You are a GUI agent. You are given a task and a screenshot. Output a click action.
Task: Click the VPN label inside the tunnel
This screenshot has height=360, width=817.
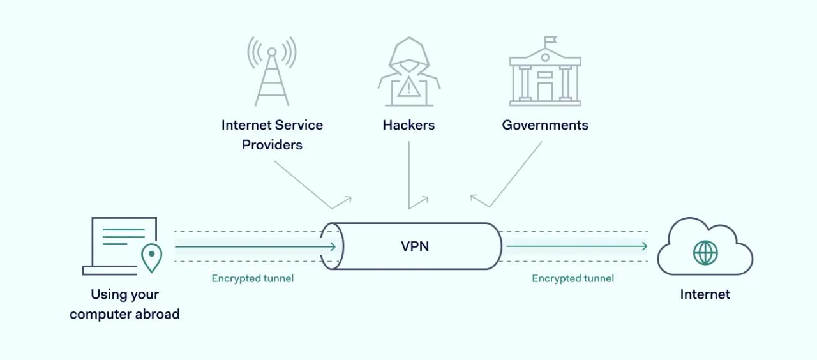(x=415, y=246)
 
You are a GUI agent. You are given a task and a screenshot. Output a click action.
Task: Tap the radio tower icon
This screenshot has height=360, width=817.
(x=272, y=71)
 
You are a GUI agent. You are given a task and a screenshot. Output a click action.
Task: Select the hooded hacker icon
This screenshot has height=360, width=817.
(x=408, y=71)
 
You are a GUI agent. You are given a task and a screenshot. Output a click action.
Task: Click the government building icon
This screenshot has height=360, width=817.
(x=545, y=75)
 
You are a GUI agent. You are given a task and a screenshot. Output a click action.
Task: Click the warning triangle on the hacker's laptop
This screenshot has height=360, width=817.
(x=408, y=88)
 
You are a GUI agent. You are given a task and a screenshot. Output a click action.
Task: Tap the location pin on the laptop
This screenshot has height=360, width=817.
(x=151, y=257)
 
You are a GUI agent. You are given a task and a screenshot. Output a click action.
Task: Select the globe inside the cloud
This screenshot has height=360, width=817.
(x=705, y=252)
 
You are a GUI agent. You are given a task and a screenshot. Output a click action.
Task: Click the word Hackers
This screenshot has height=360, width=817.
(x=408, y=125)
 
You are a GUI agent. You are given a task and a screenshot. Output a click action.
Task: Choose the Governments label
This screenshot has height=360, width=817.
(x=545, y=125)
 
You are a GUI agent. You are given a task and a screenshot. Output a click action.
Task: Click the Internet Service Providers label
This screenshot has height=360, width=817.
(x=272, y=135)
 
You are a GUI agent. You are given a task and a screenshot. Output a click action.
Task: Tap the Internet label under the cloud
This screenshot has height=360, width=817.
(x=705, y=294)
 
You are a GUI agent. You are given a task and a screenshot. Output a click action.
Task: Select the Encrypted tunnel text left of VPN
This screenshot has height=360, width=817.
(x=253, y=278)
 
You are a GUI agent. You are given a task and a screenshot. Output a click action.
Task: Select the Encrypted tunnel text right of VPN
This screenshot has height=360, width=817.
(x=573, y=278)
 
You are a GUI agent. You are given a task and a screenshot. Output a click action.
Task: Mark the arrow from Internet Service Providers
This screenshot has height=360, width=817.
(x=313, y=191)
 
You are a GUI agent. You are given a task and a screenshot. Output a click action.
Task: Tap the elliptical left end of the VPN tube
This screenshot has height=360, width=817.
(x=333, y=246)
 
